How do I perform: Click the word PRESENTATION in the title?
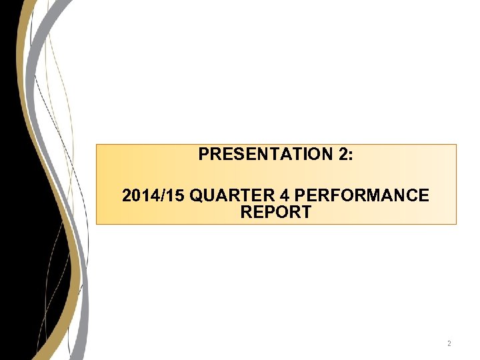262,155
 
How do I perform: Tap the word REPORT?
276,213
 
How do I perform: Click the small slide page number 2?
449,344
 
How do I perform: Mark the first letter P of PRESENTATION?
203,155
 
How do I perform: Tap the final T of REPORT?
306,213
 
